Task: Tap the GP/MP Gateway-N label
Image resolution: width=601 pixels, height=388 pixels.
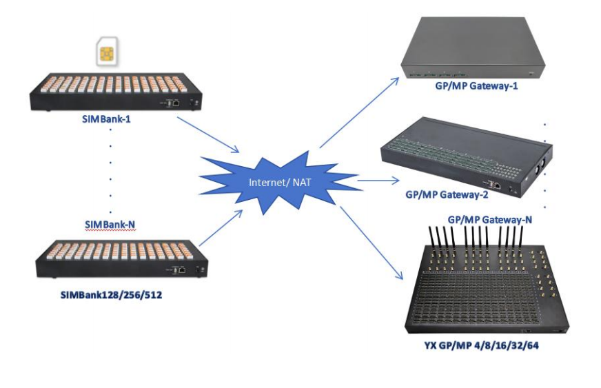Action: (x=490, y=219)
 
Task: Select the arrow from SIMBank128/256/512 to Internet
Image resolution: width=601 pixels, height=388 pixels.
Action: (x=221, y=228)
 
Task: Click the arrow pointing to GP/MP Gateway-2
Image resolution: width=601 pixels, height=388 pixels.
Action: (x=378, y=182)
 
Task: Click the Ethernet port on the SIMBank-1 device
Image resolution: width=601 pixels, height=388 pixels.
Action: (x=175, y=102)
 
